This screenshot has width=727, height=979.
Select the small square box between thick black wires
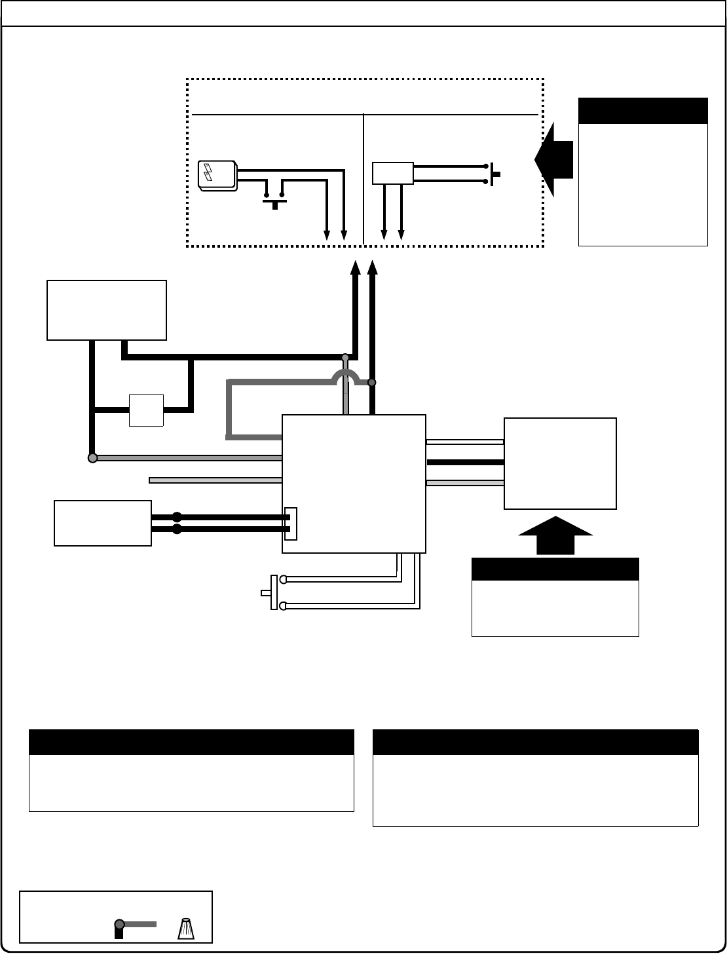pos(146,410)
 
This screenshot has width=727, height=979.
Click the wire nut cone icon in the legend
pos(186,928)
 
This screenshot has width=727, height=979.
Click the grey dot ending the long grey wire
pos(92,457)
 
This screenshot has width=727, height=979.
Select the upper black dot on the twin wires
pos(176,517)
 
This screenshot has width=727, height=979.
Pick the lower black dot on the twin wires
pos(176,529)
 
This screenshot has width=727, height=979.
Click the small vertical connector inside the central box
pos(291,524)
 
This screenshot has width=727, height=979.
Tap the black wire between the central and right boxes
pos(465,462)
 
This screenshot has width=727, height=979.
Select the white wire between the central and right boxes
pos(465,442)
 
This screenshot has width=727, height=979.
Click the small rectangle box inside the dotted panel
pos(393,173)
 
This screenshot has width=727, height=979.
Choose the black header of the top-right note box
pos(643,111)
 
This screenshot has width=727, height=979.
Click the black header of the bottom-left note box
pos(191,742)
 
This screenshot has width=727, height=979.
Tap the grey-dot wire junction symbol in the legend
pos(120,925)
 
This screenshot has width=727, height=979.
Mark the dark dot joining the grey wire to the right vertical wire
pos(372,382)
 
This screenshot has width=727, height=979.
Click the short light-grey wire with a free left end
pos(215,480)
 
